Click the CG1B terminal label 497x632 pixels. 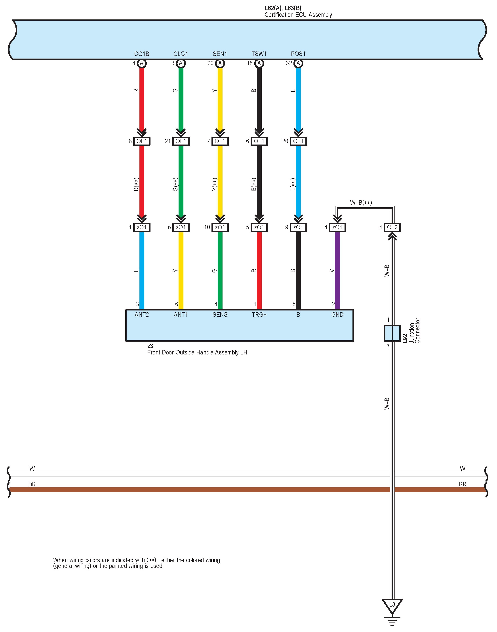coord(141,54)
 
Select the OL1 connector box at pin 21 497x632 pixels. coord(181,141)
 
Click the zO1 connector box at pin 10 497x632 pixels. coord(220,227)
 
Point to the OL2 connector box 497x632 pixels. coord(392,227)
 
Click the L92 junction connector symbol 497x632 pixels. coord(392,333)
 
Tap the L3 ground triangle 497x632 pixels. coord(392,605)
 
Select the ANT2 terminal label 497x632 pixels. coord(141,314)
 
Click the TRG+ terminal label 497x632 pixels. coord(259,314)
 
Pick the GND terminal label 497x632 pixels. coord(337,314)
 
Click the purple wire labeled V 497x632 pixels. coord(337,271)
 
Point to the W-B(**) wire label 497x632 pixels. coord(361,202)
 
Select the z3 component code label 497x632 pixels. coord(150,346)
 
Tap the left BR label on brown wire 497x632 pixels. coord(32,484)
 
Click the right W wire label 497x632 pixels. coord(462,468)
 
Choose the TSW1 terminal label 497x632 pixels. coord(259,54)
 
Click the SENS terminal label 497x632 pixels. coord(220,314)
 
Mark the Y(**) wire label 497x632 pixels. coord(214,185)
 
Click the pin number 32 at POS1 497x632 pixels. coord(289,63)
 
